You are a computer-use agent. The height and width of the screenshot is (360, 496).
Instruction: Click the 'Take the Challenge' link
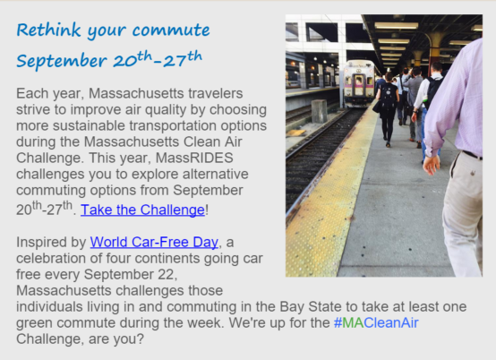[142, 210]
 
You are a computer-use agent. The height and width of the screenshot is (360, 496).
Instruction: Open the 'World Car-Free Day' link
[154, 242]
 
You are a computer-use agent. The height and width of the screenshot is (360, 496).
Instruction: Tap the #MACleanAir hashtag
[376, 322]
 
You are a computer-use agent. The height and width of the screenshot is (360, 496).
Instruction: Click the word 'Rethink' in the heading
[48, 30]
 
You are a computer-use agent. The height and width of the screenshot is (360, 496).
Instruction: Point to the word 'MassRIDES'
[194, 158]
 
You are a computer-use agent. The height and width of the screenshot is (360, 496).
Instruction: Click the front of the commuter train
[359, 83]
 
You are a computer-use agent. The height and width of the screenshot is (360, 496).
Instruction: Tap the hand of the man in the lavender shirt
[432, 165]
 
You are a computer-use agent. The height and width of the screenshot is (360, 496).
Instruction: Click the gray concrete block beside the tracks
[319, 111]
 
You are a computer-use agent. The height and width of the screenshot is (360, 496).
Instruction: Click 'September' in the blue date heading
[62, 61]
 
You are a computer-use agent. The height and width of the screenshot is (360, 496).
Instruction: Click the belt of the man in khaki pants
[472, 155]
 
